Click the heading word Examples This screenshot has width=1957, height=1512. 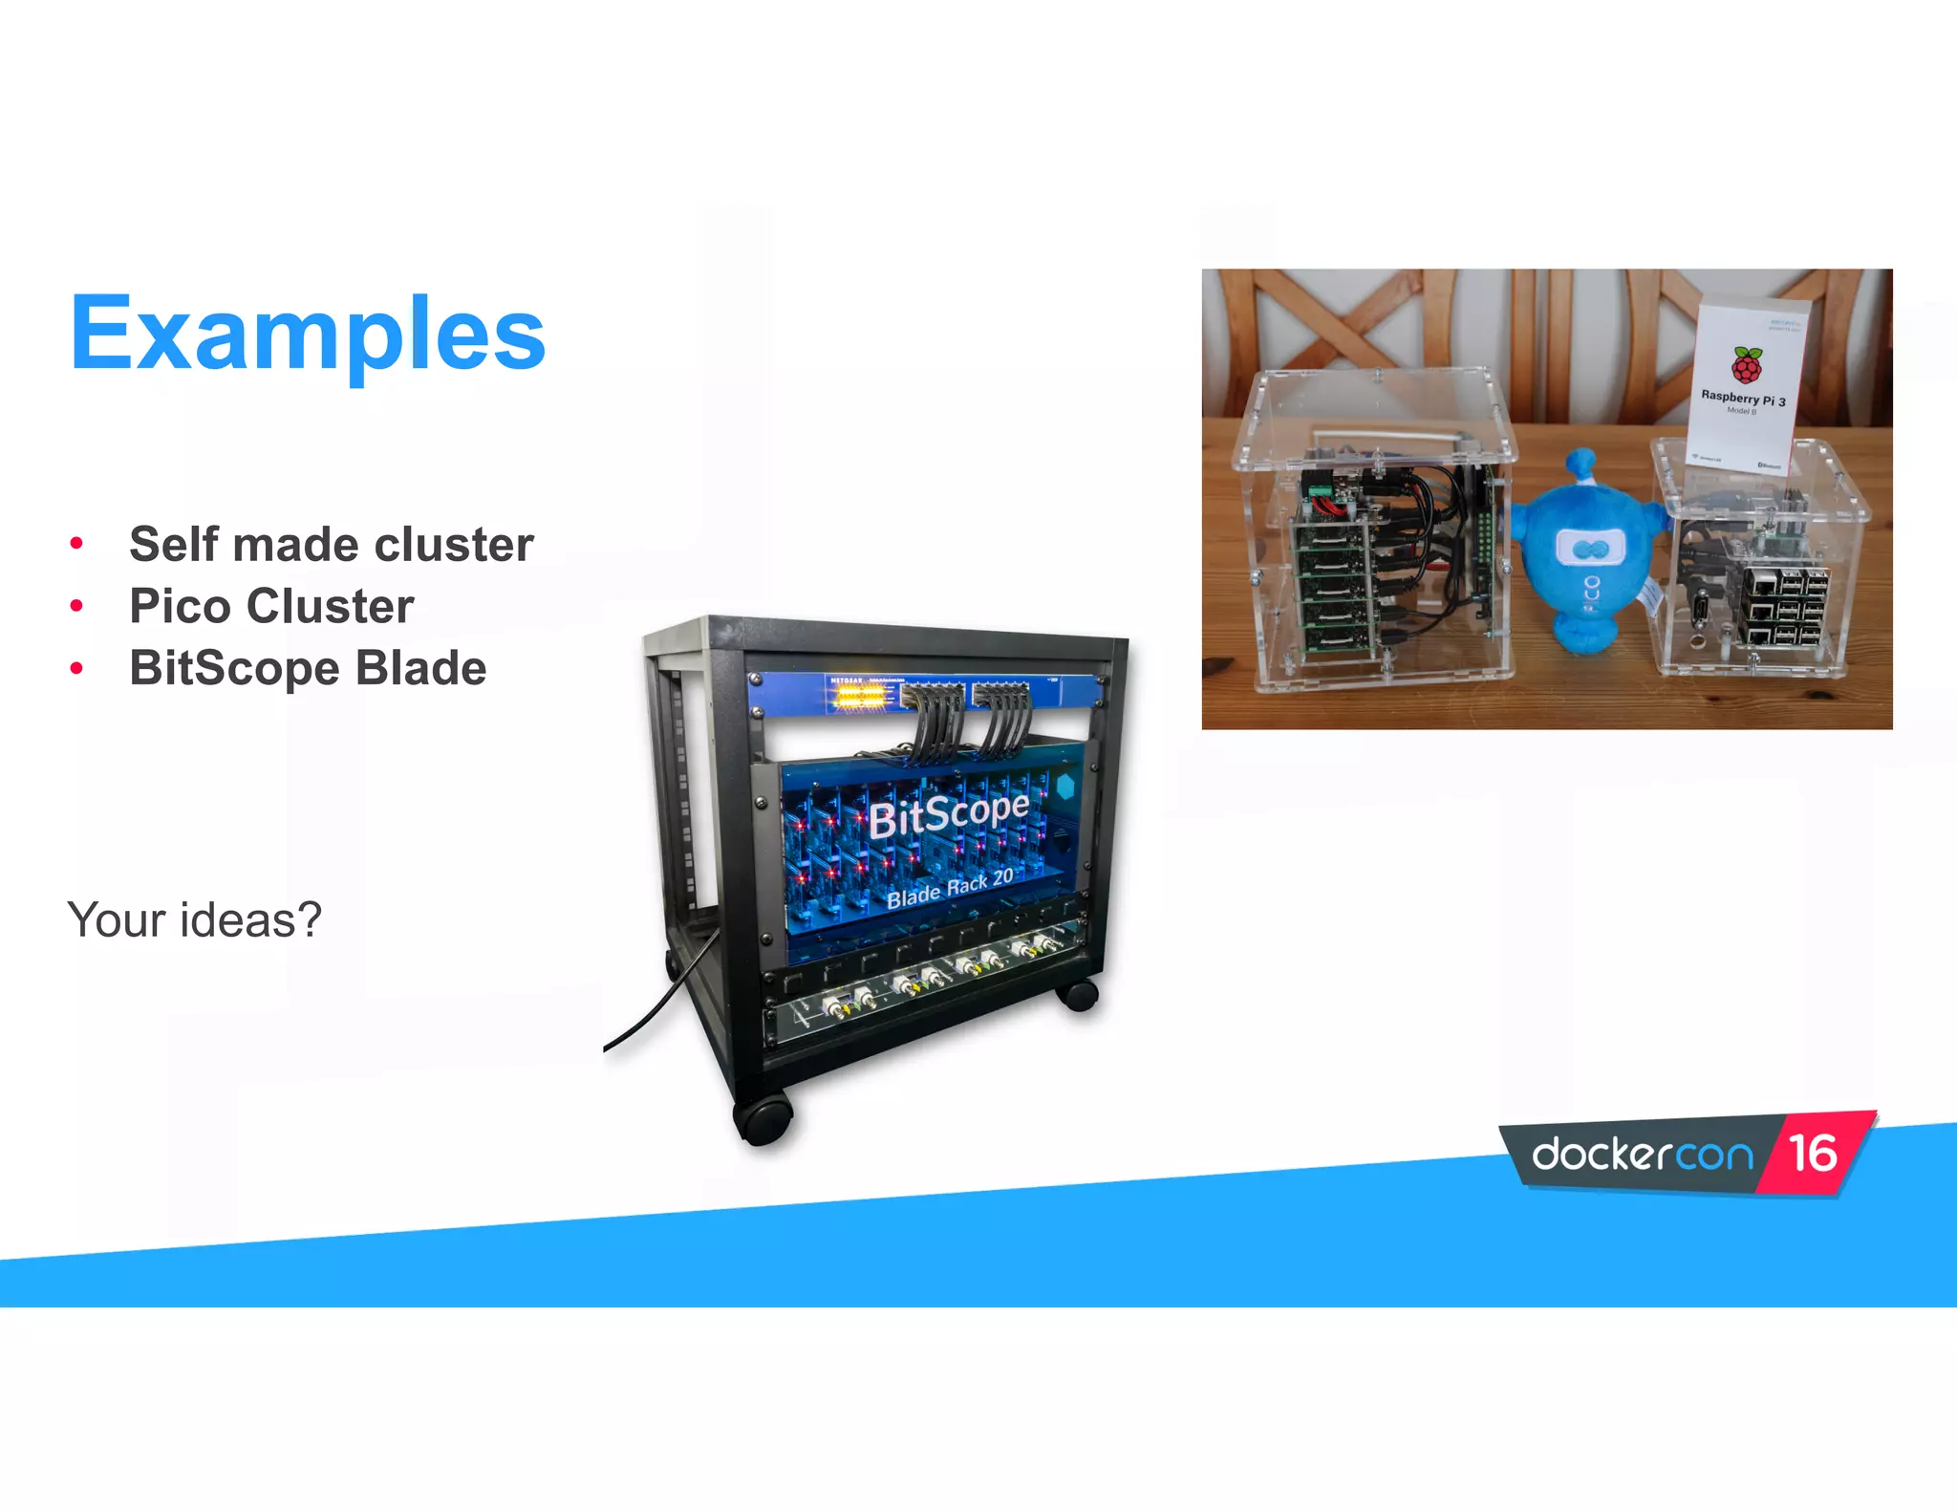click(x=308, y=334)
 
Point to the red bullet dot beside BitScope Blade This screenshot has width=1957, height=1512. click(x=76, y=668)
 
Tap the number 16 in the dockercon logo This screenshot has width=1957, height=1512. click(x=1813, y=1154)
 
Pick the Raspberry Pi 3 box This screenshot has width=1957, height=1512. click(x=1747, y=382)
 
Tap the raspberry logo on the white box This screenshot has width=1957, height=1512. click(x=1747, y=366)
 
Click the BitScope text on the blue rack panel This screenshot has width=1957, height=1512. click(x=948, y=815)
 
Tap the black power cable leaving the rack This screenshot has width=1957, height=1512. click(x=659, y=1004)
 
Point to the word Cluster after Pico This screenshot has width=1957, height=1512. click(x=331, y=606)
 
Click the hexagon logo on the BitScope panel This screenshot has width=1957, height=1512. click(x=1065, y=788)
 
